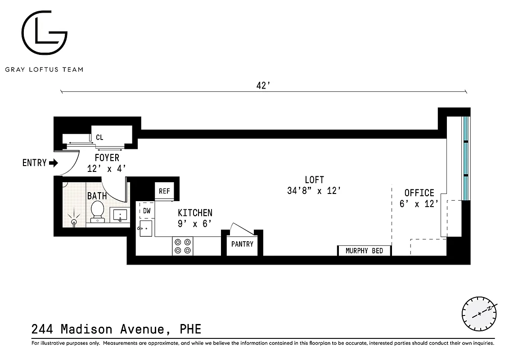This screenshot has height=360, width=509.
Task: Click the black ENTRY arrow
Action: (53, 163)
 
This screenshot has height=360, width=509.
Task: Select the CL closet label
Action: (99, 137)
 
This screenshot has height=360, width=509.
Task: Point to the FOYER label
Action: (107, 158)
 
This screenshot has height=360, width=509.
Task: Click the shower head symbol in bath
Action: (74, 220)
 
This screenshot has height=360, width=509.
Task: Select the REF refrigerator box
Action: (164, 191)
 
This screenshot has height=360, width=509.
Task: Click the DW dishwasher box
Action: (147, 211)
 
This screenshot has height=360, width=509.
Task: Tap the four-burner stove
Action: (183, 246)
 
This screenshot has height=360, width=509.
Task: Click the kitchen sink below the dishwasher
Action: (145, 229)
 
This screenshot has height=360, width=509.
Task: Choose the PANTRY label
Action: (242, 244)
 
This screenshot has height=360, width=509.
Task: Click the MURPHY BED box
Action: (364, 251)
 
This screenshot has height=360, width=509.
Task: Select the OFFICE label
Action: (419, 193)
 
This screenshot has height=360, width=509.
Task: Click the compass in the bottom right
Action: (479, 313)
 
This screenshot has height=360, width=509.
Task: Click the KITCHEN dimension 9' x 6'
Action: (195, 223)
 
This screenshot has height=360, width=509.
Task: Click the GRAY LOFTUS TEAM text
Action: (44, 69)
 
